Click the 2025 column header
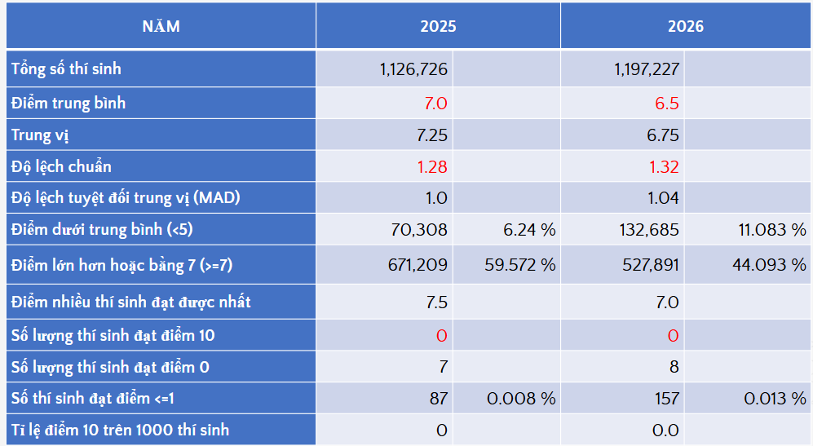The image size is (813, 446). pos(438,26)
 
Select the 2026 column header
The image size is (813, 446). pos(686,26)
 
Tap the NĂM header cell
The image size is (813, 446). pos(161,26)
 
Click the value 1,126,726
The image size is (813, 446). pos(413,69)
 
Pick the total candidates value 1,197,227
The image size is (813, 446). pos(647,69)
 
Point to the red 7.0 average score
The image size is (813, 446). pos(435,104)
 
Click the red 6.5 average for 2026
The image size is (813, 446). pos(667,104)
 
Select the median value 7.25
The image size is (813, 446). pos(432,135)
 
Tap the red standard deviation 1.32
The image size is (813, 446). pos(665,167)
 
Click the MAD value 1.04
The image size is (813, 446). pos(663,198)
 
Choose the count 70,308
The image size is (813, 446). pos(419,230)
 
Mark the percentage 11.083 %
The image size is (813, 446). pos(772,230)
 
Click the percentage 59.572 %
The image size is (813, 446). pos(520,265)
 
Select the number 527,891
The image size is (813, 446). pos(651,265)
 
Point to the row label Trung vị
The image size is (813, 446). pos(40,135)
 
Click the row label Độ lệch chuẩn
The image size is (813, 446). pos(61,166)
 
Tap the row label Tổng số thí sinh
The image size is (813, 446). pos(66,68)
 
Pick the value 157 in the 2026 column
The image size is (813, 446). pos(667,398)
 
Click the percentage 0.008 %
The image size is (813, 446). pos(521,398)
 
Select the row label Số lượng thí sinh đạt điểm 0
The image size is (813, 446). pos(110,367)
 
